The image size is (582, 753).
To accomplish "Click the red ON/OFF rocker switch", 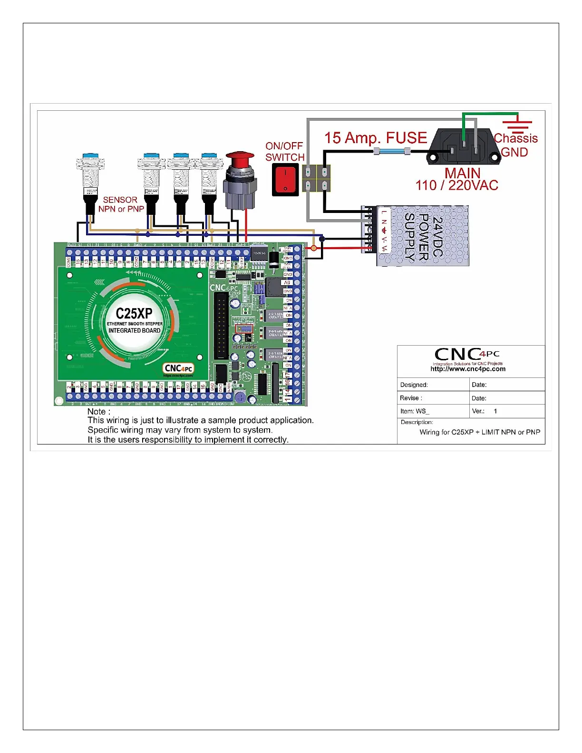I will pos(285,180).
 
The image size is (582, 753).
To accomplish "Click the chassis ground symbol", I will pos(517,122).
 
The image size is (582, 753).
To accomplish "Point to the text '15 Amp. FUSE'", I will pos(376,138).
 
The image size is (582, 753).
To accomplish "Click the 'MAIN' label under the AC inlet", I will pos(462,173).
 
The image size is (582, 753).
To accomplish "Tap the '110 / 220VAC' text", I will pos(456,185).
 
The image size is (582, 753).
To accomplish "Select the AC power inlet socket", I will pos(463,148).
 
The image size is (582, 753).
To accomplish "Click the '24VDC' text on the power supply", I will pos(438,236).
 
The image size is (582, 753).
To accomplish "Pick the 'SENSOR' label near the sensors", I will pos(120,200).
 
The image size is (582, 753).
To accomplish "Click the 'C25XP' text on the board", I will pos(134,314).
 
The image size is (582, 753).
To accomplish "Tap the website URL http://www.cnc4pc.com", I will pos(468,369).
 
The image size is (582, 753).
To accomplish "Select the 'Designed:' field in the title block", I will pos(414,385).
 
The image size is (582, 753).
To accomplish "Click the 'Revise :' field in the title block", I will pos(411,398).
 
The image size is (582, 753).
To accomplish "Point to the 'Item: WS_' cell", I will pos(415,411).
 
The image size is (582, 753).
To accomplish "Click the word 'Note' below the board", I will pos(97,412).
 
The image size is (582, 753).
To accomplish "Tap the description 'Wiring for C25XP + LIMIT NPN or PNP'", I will pos(479,432).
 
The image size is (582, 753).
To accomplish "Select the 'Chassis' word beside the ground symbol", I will pos(515,138).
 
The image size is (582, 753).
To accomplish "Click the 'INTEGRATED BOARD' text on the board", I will pos(134,330).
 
